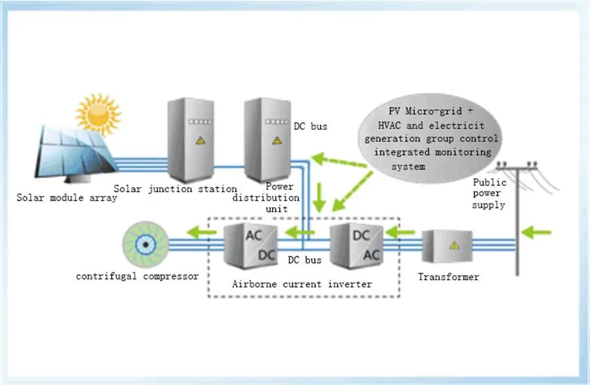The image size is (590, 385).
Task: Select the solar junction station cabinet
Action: [x=185, y=139]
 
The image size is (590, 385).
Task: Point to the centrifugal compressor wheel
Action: [x=145, y=241]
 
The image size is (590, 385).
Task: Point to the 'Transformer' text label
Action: [x=448, y=277]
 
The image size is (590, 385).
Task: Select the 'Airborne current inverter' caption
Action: [x=302, y=284]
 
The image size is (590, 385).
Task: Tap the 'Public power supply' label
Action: [x=488, y=194]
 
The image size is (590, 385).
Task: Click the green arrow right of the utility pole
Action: [x=541, y=232]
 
